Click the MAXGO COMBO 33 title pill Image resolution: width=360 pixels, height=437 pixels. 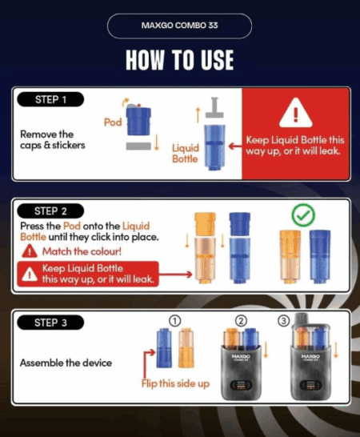(179, 26)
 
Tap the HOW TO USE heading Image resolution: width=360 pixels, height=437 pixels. (180, 60)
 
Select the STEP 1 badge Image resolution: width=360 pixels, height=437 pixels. (50, 99)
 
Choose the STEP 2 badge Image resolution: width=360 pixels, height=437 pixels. (50, 211)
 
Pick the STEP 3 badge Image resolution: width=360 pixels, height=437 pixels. (50, 323)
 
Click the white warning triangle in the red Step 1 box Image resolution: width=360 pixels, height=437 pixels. (296, 113)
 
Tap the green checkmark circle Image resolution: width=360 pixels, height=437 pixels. (303, 214)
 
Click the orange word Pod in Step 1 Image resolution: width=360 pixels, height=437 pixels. (113, 122)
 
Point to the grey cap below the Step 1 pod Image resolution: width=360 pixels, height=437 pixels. (138, 146)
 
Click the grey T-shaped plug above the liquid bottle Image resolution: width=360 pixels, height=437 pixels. (214, 107)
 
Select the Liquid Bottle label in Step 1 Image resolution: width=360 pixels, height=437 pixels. (186, 154)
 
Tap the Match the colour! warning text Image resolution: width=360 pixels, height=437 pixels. (82, 251)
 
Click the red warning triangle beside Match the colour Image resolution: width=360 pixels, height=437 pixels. (30, 251)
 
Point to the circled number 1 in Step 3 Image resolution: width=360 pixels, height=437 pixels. (174, 321)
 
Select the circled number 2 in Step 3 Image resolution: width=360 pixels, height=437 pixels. (241, 321)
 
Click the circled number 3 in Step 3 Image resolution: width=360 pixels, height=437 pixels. (284, 321)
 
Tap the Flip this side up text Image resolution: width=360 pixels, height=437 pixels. (175, 383)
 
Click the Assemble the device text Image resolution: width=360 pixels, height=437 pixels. (66, 363)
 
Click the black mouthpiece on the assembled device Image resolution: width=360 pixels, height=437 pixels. (302, 319)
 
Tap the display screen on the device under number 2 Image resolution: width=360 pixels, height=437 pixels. (241, 386)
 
